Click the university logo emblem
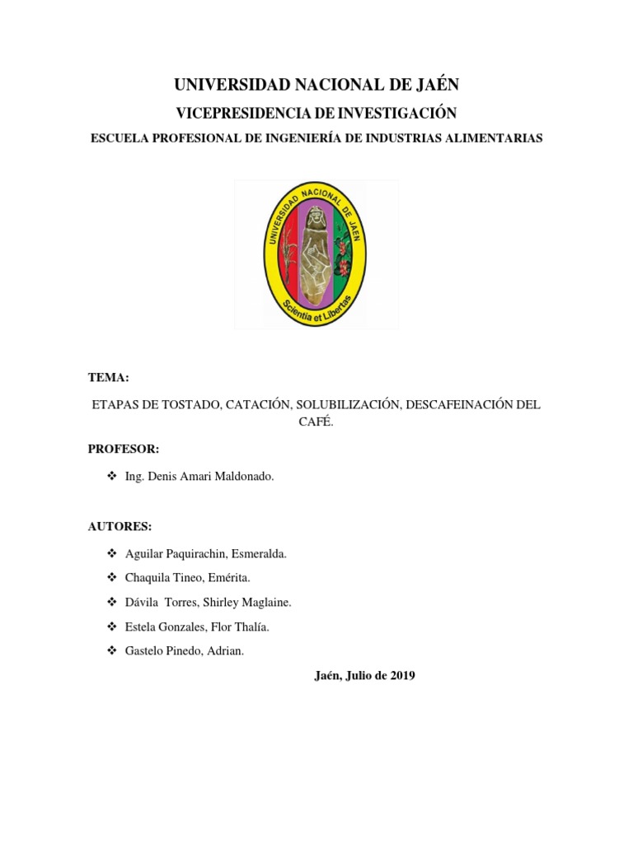coord(316,254)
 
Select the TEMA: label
coord(108,377)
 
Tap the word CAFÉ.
coord(316,422)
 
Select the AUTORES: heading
coord(120,526)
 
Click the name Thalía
coord(251,627)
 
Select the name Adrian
coord(226,651)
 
